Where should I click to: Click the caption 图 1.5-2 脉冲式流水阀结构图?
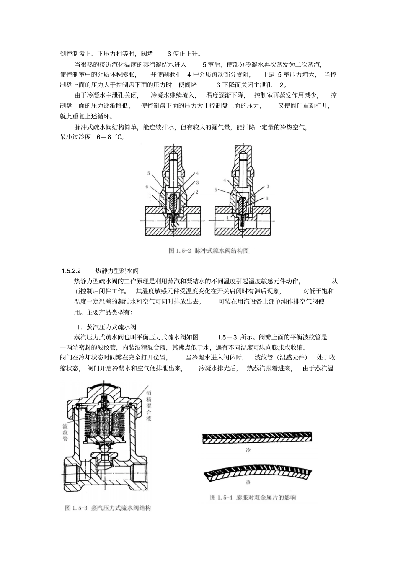[209, 251]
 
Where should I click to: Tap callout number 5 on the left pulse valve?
[148, 173]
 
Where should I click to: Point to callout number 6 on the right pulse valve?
[266, 198]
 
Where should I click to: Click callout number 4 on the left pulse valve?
[197, 173]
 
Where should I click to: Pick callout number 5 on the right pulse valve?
[216, 190]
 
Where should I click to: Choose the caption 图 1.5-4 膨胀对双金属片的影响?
[253, 498]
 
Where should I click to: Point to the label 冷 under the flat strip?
[248, 450]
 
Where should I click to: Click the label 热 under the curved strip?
[248, 482]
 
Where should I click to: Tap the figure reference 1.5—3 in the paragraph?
[227, 337]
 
